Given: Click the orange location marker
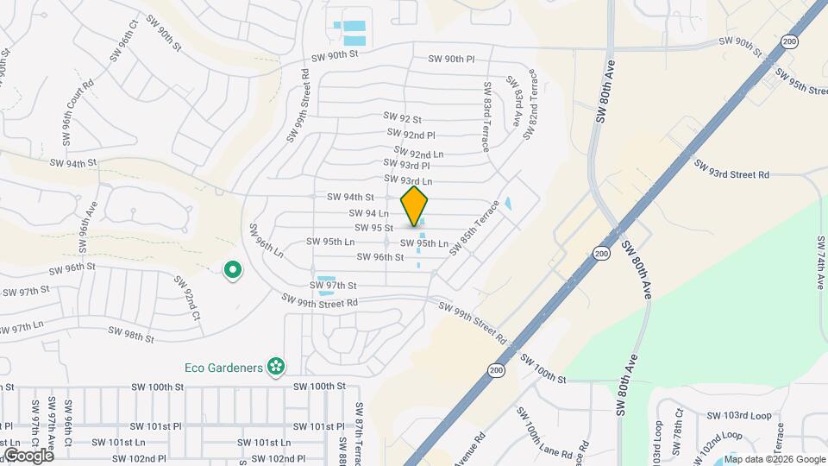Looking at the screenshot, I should click(415, 206).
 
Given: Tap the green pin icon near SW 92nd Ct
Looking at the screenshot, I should click(232, 271).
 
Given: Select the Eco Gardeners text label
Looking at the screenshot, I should click(223, 368).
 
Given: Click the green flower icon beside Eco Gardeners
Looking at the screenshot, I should click(276, 368).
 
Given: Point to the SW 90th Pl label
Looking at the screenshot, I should click(452, 60).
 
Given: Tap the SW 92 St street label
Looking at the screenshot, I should click(403, 118).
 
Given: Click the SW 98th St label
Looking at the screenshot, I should click(131, 333).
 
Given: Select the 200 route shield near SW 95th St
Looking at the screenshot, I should click(791, 41).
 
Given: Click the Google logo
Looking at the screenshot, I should click(28, 456).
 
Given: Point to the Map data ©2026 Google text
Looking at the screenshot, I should click(775, 459).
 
